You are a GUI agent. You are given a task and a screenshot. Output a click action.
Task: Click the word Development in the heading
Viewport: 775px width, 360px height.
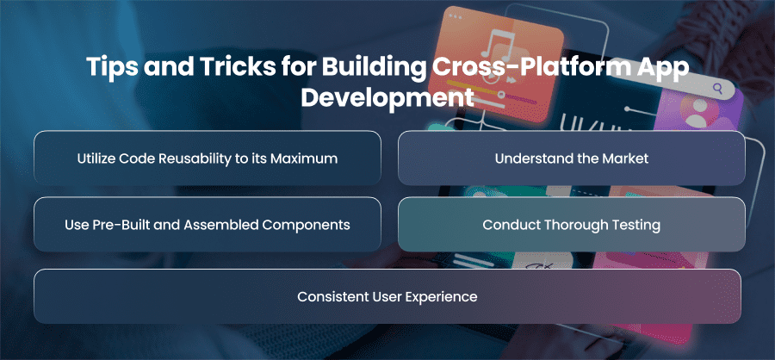click(387, 97)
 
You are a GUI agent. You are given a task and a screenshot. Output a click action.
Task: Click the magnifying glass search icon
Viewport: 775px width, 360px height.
click(717, 89)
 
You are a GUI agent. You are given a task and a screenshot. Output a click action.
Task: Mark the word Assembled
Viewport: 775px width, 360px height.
click(220, 225)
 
